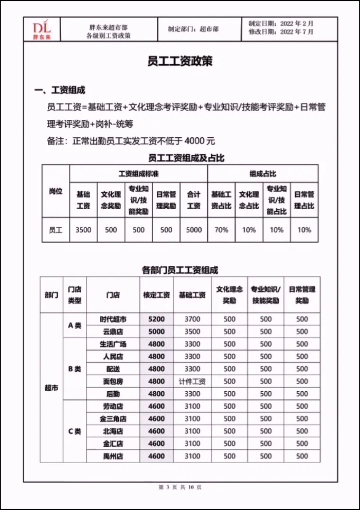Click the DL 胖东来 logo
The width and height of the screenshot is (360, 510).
point(41,30)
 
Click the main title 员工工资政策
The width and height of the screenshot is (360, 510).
point(179,61)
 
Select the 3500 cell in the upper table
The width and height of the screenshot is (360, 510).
point(83,230)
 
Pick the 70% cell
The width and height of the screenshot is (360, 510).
point(221,230)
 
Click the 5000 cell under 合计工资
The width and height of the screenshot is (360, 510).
point(194,230)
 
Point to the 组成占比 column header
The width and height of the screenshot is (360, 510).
point(262,174)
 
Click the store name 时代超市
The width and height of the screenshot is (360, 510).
point(113,319)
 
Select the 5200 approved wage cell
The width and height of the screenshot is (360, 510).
point(156,319)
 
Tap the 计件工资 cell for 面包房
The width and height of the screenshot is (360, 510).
point(192,381)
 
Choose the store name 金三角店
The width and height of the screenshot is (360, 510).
point(113,419)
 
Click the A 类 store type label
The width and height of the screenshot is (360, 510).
point(75,325)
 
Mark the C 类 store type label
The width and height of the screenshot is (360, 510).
point(75,431)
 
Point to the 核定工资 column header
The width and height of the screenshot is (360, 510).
point(156,295)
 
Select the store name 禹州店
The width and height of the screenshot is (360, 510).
point(113,456)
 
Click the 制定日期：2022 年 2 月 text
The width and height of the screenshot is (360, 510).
point(280,24)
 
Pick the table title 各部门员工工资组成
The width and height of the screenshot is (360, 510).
point(179,269)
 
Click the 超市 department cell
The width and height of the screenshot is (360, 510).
point(51,388)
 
